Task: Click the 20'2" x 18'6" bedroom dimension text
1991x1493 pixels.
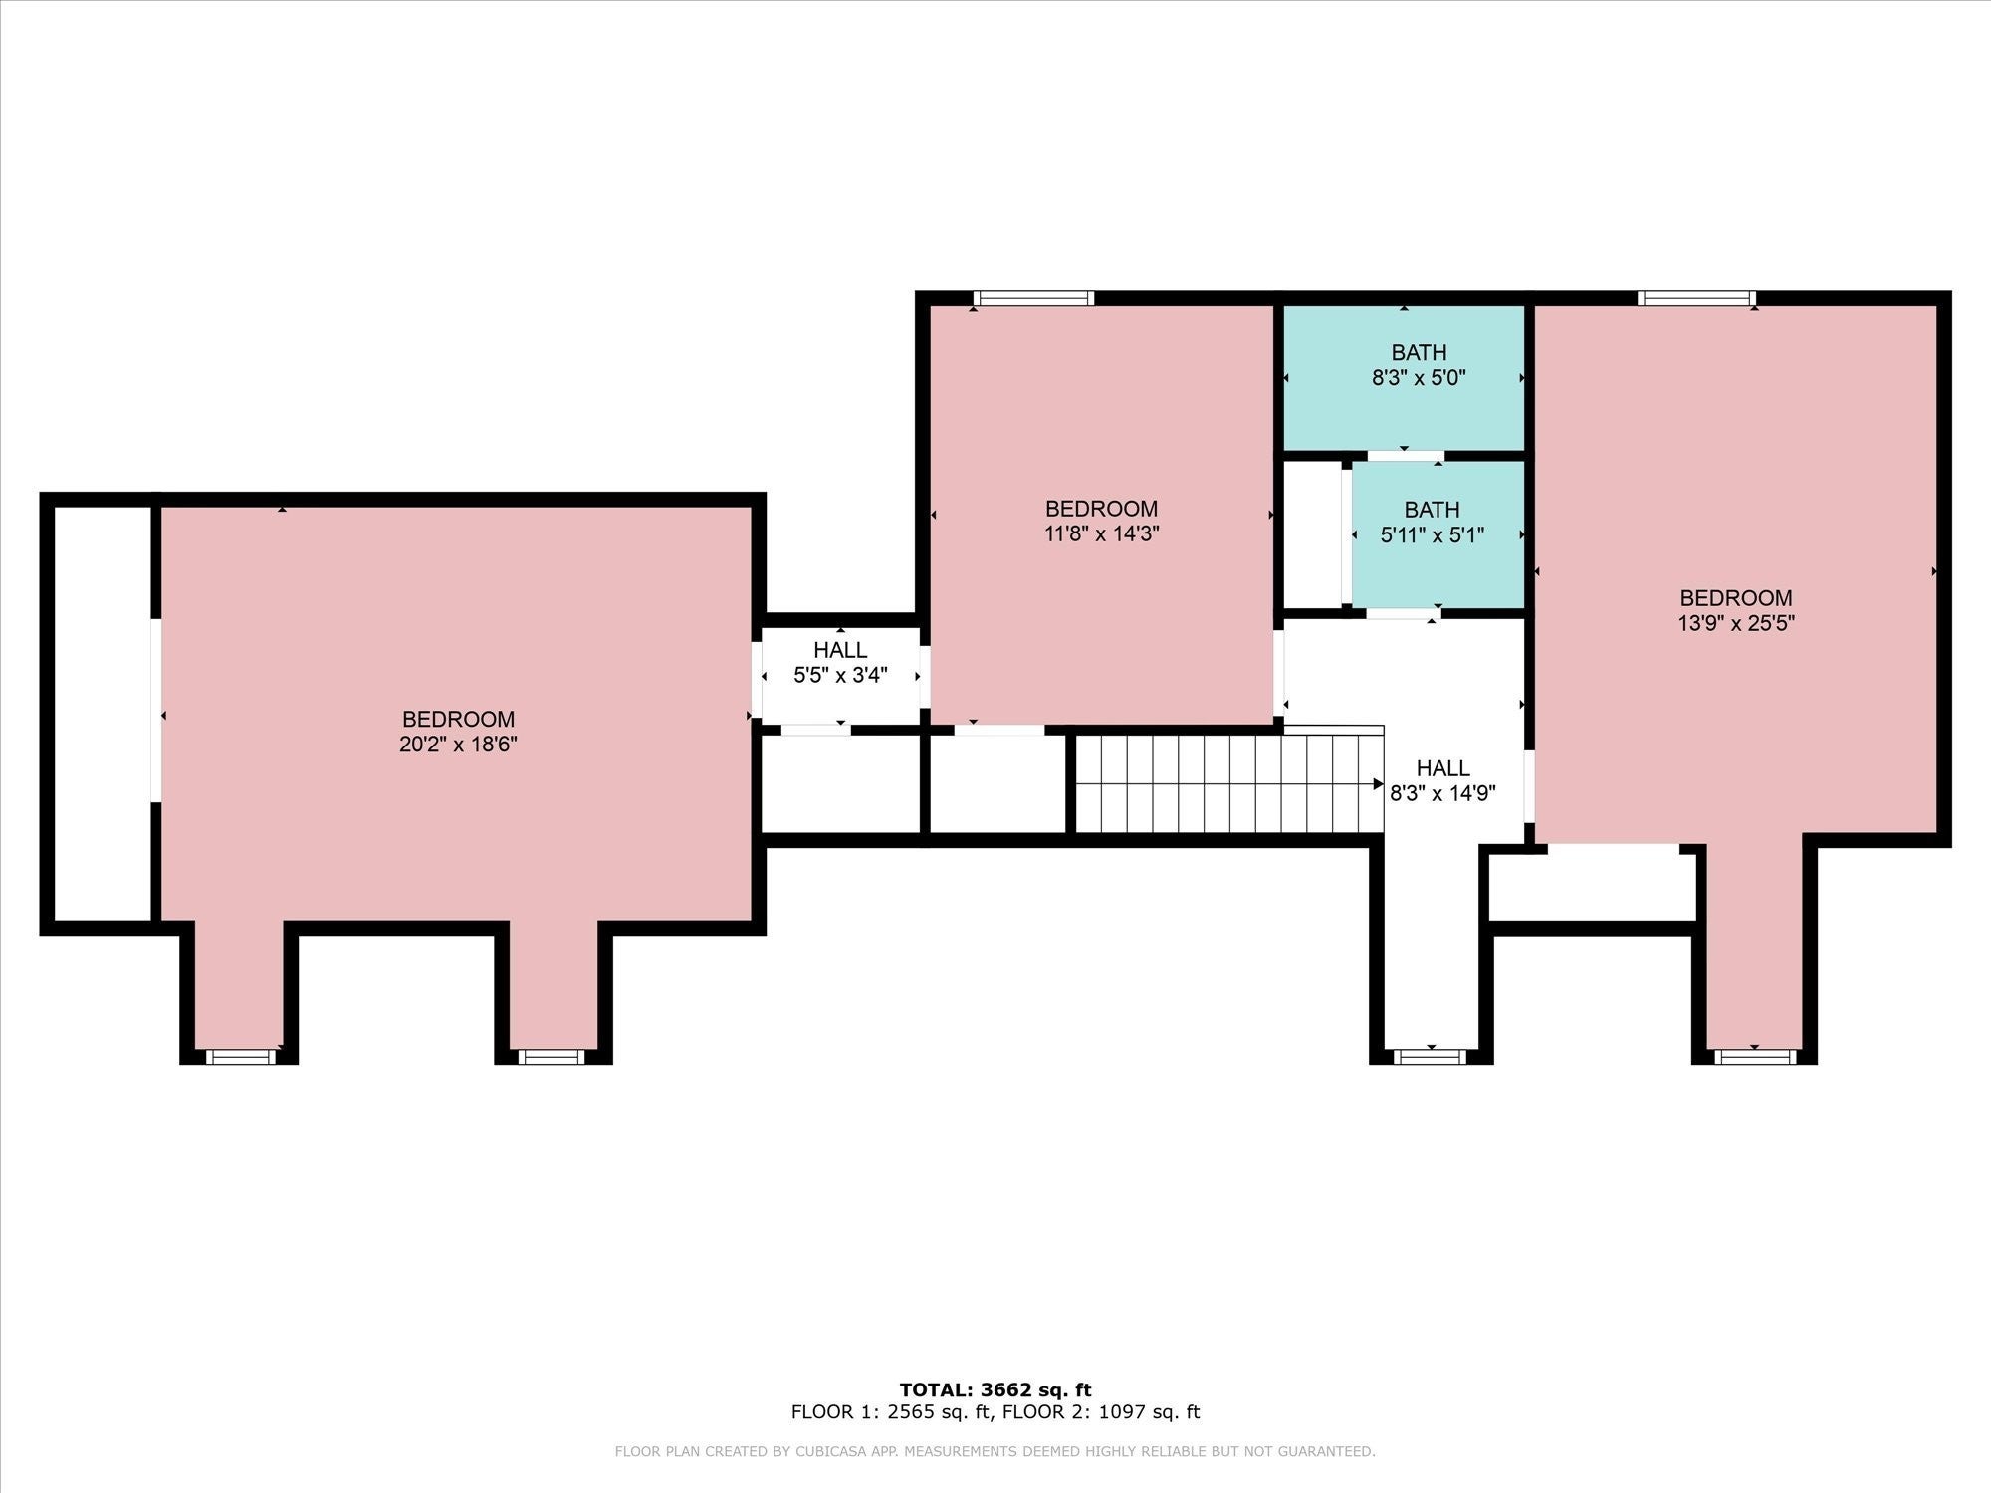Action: (x=458, y=744)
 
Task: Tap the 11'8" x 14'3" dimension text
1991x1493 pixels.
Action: (x=1101, y=533)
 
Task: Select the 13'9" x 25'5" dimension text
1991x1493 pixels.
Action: (x=1736, y=623)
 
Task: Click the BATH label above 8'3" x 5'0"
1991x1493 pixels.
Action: (x=1419, y=352)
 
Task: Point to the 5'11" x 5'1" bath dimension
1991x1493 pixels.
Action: (x=1433, y=534)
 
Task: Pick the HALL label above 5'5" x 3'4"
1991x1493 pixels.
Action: (x=840, y=650)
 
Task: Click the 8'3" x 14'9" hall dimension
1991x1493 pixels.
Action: (x=1442, y=793)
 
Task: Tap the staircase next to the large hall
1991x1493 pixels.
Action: (x=1229, y=783)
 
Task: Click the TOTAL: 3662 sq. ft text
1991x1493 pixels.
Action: (x=995, y=1390)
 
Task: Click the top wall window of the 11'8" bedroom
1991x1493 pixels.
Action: (x=1033, y=297)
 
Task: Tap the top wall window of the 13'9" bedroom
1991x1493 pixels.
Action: (x=1696, y=297)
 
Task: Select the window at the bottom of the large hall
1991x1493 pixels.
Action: (x=1431, y=1056)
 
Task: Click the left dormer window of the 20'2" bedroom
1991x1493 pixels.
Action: (x=240, y=1056)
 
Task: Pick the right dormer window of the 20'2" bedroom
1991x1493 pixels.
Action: (x=553, y=1056)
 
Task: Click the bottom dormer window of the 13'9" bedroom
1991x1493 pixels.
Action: (x=1755, y=1056)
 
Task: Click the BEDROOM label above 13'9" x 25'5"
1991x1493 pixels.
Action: (x=1736, y=598)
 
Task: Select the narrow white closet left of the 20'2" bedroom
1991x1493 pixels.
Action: (x=102, y=713)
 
